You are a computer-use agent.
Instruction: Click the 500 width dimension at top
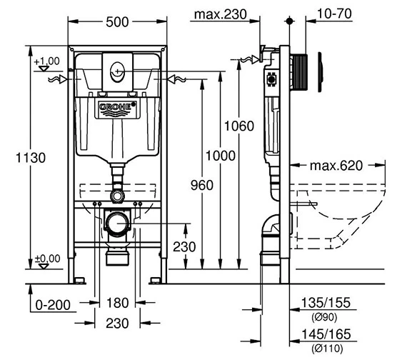point(117,21)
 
